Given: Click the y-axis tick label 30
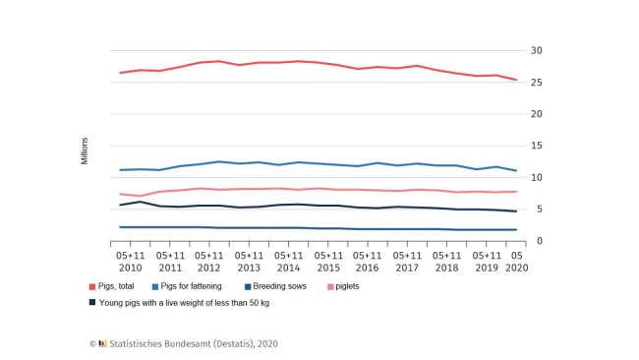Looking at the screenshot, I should coord(536,50).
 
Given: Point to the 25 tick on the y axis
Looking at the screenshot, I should coord(536,82).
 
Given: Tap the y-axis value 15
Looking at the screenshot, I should coord(536,146).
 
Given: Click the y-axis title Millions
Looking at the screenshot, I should coord(85,146).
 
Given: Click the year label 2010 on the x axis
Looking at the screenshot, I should coord(130,268).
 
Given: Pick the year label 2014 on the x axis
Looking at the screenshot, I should coord(289,268).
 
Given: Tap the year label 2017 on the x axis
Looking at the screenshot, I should coord(409,268).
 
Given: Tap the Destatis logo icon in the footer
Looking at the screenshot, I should coord(102,343).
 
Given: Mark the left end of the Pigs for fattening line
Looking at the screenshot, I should coord(119,170).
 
